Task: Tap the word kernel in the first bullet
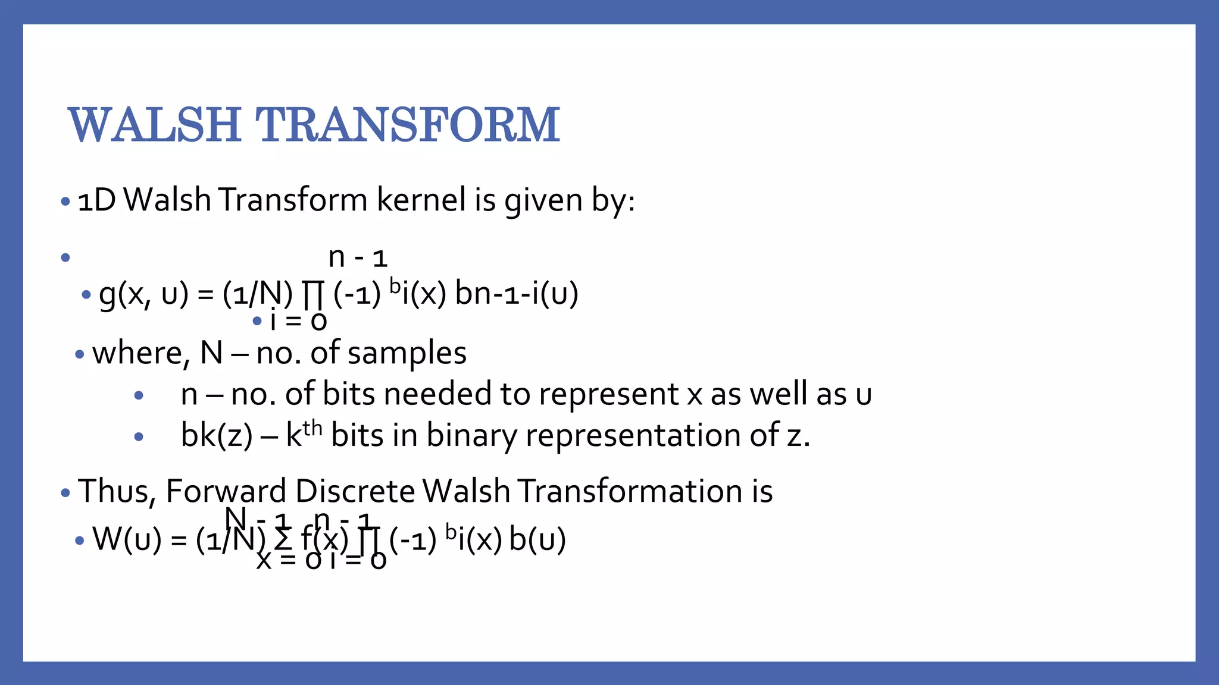[x=421, y=200]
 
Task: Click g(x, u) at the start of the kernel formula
[x=143, y=294]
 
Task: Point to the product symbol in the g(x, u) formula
[x=312, y=295]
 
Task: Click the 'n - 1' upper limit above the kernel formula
[x=358, y=258]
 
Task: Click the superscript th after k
[x=312, y=428]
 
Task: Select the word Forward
[x=226, y=492]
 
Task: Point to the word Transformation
[x=624, y=492]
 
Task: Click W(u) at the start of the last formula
[x=127, y=540]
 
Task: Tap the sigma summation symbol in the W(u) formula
[x=283, y=540]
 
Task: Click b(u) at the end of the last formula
[x=537, y=540]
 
